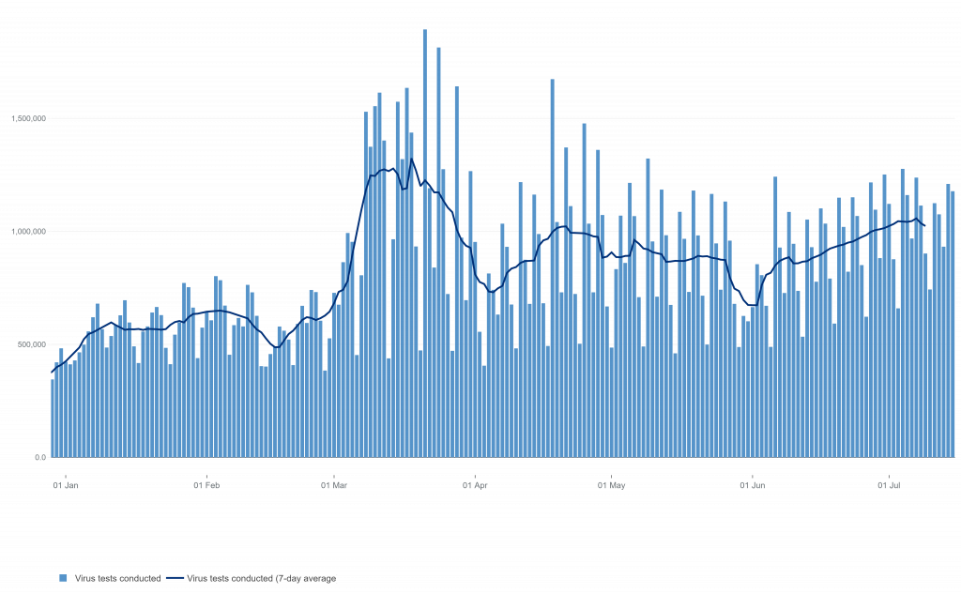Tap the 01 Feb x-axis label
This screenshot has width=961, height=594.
coord(206,486)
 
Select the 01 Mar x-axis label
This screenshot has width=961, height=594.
coord(335,486)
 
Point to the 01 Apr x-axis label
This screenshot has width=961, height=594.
coord(476,486)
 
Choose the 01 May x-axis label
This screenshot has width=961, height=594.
coord(612,486)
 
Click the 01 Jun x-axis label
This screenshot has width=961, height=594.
coord(753,486)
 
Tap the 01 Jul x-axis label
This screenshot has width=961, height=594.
coord(889,486)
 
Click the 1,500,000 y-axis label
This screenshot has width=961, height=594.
coord(28,119)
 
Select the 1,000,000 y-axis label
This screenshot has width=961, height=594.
coord(28,232)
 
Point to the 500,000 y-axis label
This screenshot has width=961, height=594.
coord(30,344)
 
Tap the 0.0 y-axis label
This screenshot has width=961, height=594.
coord(40,457)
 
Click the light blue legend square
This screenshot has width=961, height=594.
coord(63,578)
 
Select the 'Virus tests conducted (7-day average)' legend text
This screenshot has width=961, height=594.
coord(262,578)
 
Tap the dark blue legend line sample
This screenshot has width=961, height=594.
coord(178,578)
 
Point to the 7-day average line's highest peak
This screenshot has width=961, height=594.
coord(410,159)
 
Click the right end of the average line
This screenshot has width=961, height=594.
coord(923,225)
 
